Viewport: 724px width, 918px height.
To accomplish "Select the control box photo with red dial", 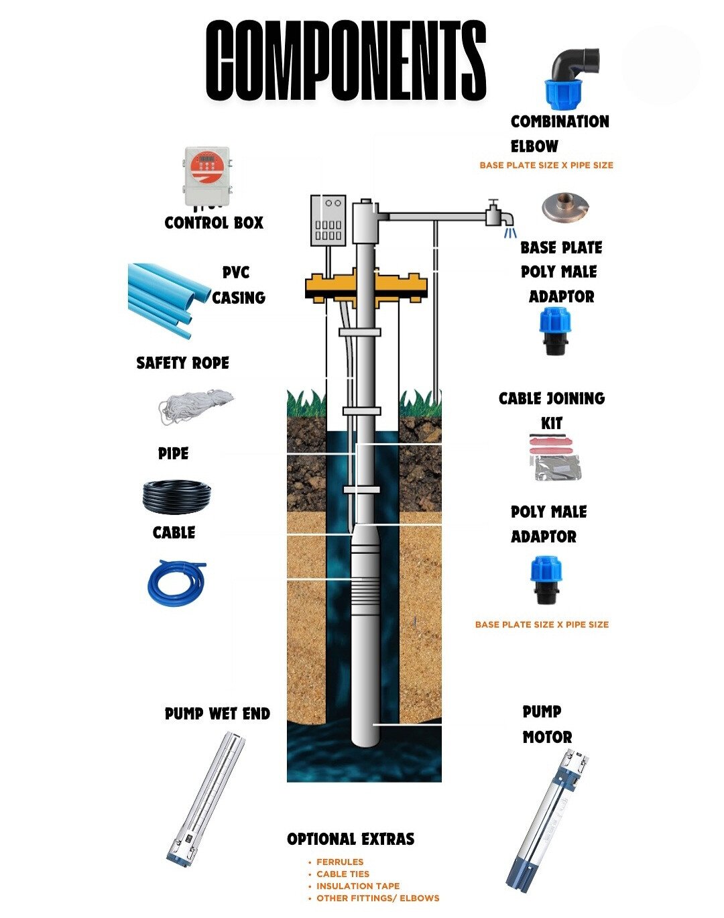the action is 207,176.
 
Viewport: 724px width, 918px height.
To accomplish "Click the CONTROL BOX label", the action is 214,223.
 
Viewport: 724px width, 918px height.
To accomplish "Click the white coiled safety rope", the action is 194,406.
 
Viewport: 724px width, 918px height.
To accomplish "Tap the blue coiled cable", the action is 176,582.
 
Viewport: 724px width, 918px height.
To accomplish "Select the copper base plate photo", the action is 565,208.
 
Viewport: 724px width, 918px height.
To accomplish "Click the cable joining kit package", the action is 554,458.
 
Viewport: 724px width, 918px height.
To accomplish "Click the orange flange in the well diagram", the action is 365,285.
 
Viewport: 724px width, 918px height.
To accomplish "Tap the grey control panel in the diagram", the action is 328,221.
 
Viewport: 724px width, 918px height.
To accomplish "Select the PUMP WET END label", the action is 217,713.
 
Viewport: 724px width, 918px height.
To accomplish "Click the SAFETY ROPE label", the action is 182,363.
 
